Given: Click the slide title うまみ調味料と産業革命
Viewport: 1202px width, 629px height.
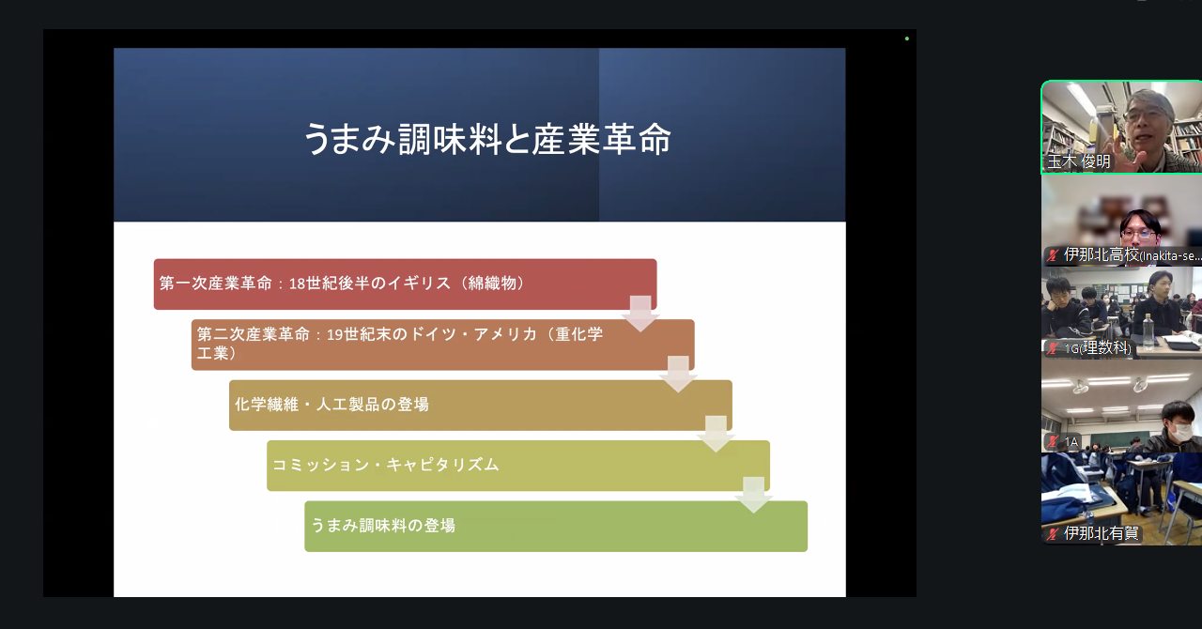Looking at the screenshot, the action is coord(487,139).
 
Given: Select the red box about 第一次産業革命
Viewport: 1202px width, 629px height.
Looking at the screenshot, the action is coord(405,284).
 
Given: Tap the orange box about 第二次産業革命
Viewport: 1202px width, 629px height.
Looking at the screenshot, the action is coord(442,345).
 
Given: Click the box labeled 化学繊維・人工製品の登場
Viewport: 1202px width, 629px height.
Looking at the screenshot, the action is coord(480,406).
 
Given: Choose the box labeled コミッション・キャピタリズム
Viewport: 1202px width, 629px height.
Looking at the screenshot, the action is coord(517,466).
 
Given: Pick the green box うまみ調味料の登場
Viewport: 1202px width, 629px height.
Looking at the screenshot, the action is coord(556,526).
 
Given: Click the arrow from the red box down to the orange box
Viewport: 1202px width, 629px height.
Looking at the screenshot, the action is coord(640,314).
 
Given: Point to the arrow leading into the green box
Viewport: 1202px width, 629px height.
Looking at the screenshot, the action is coord(753,495).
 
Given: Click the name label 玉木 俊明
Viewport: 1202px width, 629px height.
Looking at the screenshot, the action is coord(1079,161).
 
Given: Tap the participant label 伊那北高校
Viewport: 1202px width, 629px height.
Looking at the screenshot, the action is coord(1102,254).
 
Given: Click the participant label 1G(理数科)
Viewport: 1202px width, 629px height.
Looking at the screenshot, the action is coord(1098,347).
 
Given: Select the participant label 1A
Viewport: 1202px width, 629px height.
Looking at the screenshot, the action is coord(1071,441).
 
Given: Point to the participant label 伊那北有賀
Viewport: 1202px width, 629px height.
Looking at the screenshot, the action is coord(1102,533).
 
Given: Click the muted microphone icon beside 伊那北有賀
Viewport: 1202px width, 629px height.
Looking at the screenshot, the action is coord(1053,533).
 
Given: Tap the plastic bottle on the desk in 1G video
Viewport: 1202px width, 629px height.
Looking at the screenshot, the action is coord(1148,331).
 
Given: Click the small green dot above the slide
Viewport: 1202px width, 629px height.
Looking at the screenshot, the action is coord(907,38).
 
